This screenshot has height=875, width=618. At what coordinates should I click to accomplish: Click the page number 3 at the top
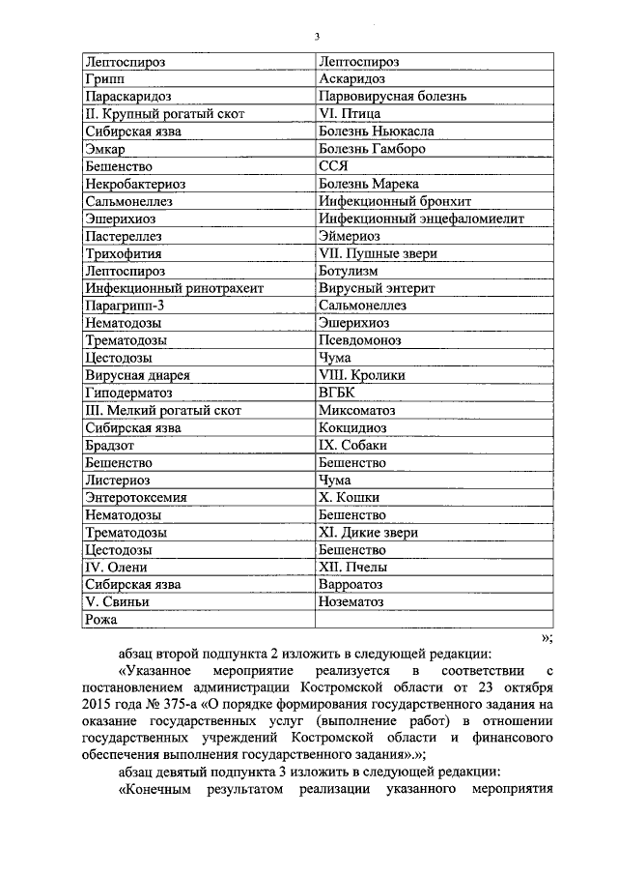click(x=316, y=37)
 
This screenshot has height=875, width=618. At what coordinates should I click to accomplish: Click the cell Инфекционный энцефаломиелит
click(x=421, y=219)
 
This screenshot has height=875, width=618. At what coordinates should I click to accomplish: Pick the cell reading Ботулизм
click(x=350, y=271)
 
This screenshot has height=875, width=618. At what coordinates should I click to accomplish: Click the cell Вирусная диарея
click(x=137, y=375)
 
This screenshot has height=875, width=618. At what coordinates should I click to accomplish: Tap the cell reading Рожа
click(x=100, y=619)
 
